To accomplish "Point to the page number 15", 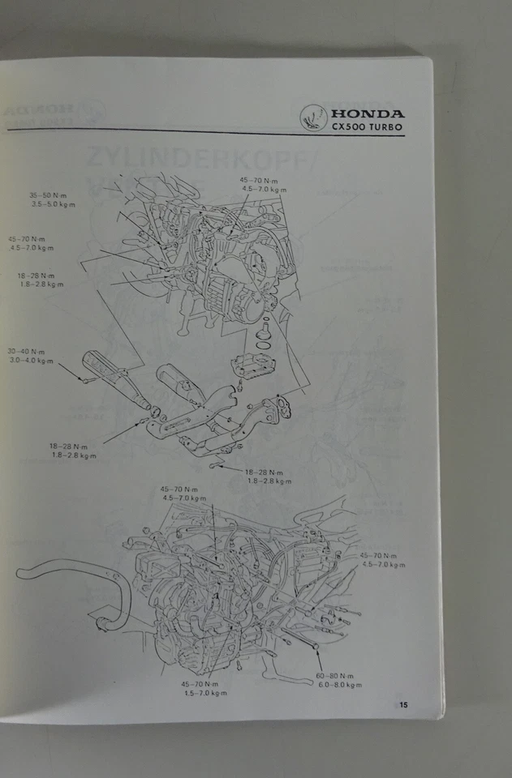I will click(403, 704).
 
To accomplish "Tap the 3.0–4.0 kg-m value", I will click(30, 361).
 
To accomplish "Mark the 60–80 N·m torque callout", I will click(335, 675).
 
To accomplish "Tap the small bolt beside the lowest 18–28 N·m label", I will click(216, 465).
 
